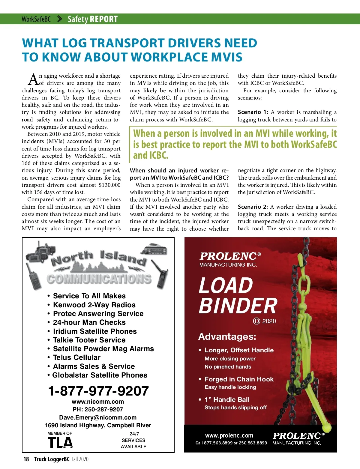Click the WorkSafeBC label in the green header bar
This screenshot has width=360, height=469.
pos(36,19)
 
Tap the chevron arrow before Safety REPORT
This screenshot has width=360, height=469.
pos(59,19)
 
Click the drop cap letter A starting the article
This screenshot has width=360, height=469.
pos(33,79)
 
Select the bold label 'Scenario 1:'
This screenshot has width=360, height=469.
pos(253,112)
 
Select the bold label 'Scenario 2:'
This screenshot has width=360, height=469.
pos(253,207)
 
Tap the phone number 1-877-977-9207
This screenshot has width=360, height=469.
pos(98,391)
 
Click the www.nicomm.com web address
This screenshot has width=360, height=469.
pos(98,402)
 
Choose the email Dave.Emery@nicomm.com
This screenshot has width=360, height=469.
pos(98,417)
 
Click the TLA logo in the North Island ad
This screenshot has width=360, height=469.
pos(60,443)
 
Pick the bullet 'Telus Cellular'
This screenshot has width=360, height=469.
pos(76,357)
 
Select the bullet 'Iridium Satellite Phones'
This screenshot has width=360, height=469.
pos(95,331)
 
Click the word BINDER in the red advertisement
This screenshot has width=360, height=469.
pos(238,306)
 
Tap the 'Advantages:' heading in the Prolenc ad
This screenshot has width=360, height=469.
pos(227,336)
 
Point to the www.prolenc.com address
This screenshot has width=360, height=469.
pos(229,435)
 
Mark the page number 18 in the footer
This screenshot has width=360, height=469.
pos(26,459)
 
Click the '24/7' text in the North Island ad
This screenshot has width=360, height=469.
pos(134,434)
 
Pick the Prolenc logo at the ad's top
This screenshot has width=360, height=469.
pos(230,259)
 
